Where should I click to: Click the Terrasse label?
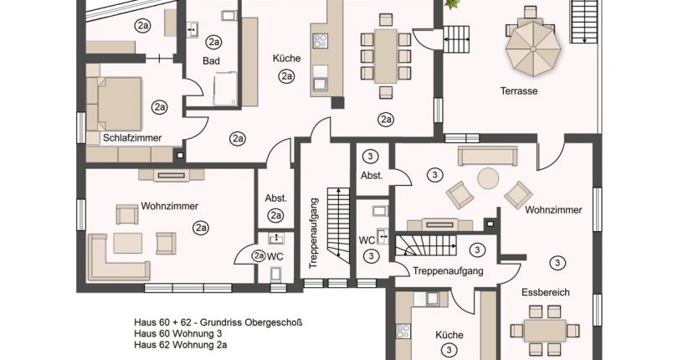click(518, 90)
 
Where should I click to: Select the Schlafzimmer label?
click(132, 137)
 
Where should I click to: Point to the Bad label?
click(211, 60)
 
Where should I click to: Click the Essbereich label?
click(545, 293)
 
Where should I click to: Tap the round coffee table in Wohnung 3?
click(488, 178)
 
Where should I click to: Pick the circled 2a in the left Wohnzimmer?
click(200, 227)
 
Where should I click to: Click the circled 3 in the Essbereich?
click(557, 262)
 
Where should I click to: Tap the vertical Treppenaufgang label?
click(313, 231)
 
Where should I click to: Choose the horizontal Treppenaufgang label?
click(448, 271)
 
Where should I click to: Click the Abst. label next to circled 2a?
click(275, 198)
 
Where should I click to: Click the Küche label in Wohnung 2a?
click(285, 59)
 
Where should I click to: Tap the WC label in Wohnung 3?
click(366, 240)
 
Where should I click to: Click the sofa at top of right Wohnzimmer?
click(488, 156)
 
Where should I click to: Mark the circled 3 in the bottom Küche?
click(449, 350)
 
